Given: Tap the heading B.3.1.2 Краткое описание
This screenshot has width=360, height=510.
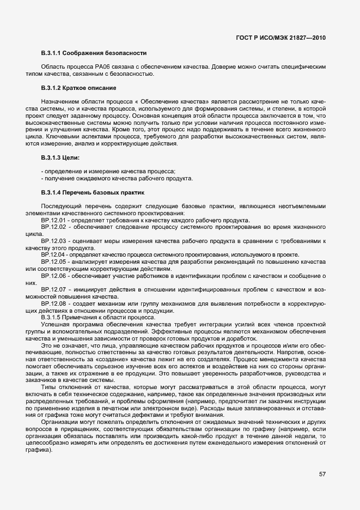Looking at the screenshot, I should (x=78, y=88).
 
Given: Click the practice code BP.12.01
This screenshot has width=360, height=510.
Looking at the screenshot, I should (x=53, y=220).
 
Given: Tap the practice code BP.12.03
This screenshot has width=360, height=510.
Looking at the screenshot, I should (x=53, y=240).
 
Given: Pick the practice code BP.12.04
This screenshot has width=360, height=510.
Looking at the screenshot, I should (x=53, y=254).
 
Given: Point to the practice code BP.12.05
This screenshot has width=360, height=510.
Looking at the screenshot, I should (x=53, y=261).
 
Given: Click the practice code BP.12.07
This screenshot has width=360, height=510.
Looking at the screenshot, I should (x=53, y=288).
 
